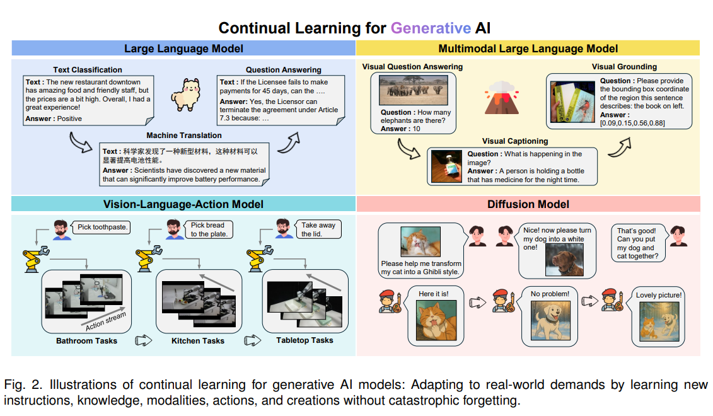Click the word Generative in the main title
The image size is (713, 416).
coord(431,28)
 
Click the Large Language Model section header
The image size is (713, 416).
coord(183,49)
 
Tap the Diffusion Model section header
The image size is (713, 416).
coord(528,204)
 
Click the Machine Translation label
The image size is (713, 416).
coord(184,136)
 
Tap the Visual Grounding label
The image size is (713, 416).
coord(623,67)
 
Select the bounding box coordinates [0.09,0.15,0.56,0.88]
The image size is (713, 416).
coord(631,124)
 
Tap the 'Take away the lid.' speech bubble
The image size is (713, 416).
coord(318,229)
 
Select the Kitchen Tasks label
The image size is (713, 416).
coord(198,340)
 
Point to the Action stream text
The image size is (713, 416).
coord(105,321)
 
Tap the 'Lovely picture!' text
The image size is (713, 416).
coord(659,295)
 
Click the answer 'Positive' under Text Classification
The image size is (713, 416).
coord(69,118)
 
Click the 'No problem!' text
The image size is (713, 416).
coord(550,294)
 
